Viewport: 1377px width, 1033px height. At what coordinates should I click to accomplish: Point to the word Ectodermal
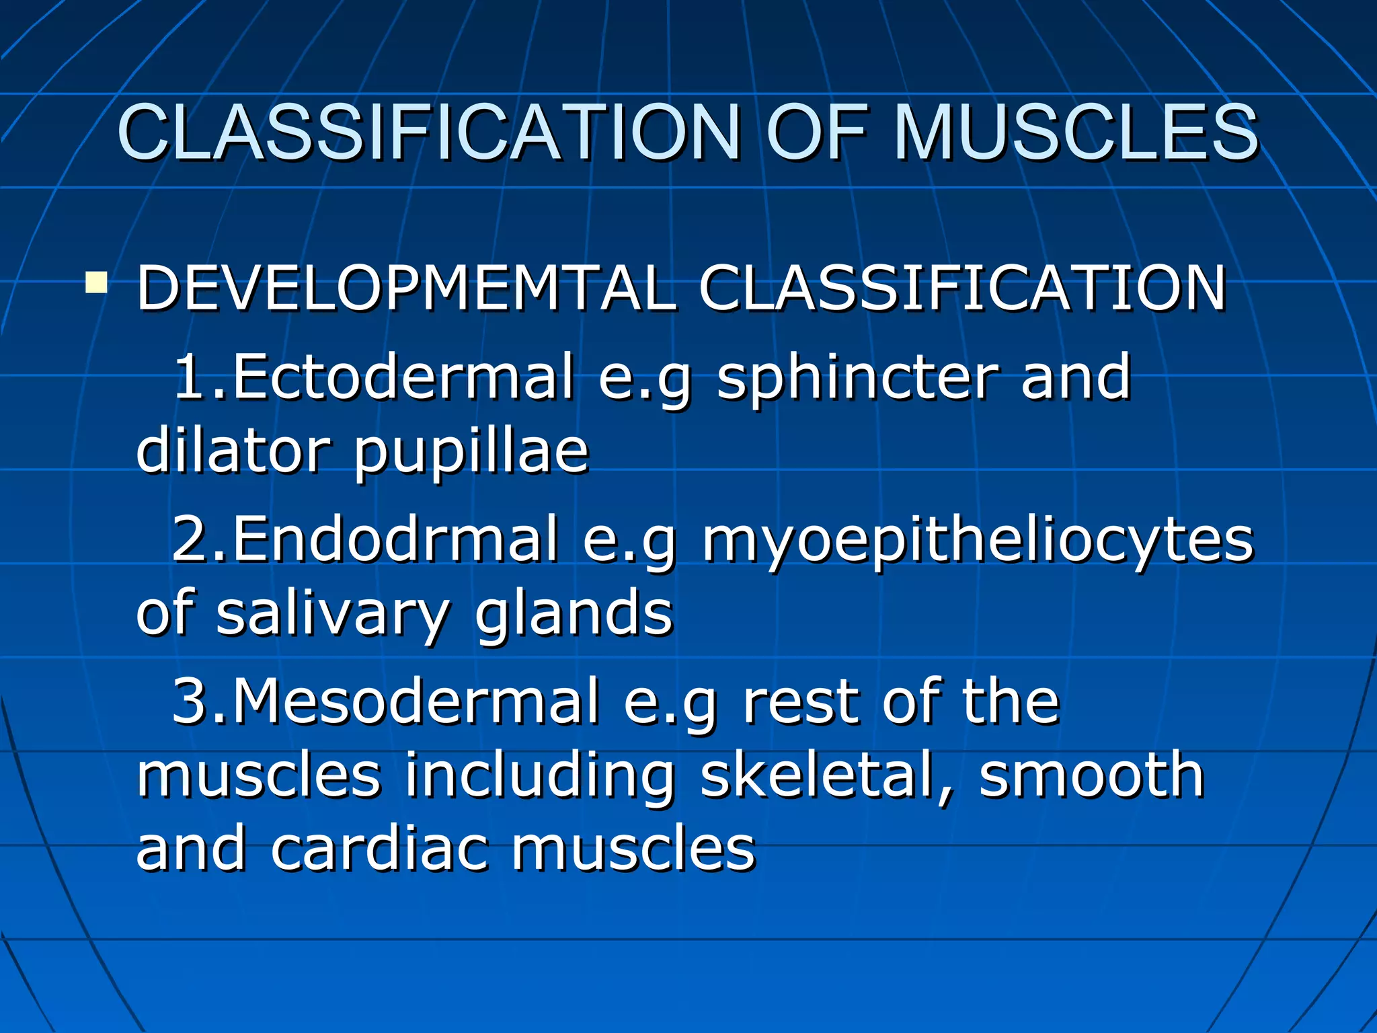403,377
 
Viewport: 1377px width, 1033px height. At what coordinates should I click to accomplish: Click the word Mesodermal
416,701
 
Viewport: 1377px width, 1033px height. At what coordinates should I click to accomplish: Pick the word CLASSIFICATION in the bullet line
962,288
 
